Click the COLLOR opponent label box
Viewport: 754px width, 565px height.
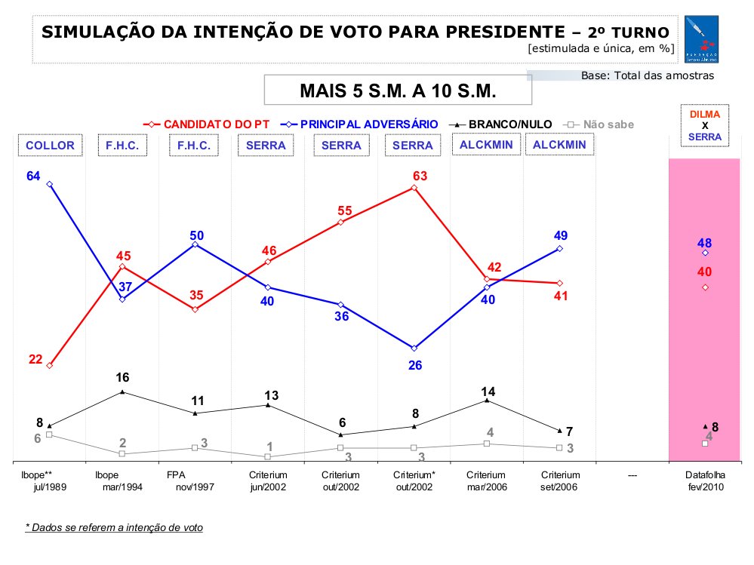51,145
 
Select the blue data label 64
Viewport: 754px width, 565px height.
32,177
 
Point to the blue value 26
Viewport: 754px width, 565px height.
414,365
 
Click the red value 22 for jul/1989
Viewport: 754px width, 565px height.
35,359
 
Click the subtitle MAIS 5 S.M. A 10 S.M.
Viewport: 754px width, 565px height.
398,91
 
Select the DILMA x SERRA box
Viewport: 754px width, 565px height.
705,125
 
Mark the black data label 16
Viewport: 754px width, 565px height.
122,377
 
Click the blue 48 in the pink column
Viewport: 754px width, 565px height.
705,243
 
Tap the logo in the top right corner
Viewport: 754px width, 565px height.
702,39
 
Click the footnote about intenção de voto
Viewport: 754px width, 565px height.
114,527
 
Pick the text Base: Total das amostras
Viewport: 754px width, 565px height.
647,75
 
